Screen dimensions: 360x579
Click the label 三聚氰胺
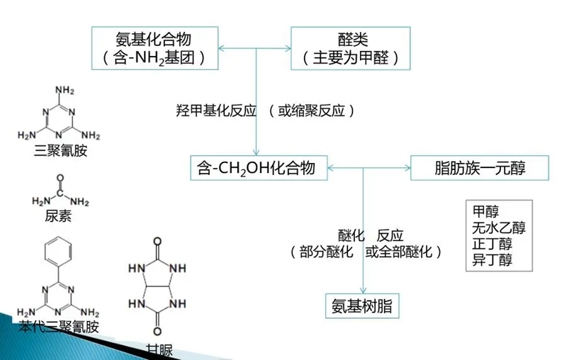tap(60, 152)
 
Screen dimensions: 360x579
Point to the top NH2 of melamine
tap(63, 90)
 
